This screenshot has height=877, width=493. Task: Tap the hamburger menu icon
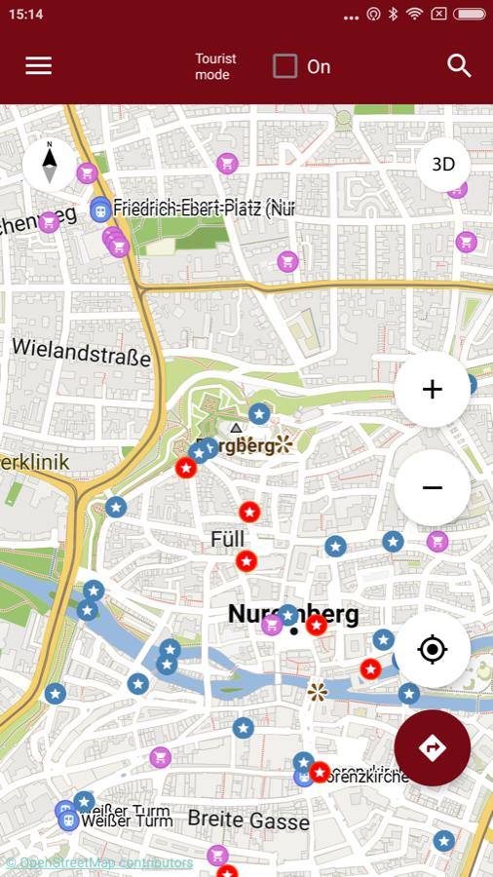click(39, 65)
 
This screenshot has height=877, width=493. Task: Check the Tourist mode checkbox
click(284, 66)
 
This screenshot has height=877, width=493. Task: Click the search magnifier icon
click(459, 65)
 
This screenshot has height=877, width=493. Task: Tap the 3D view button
click(443, 165)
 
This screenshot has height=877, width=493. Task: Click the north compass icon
click(49, 165)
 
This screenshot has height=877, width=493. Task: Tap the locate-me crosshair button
click(433, 649)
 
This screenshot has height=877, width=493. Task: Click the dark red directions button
click(433, 747)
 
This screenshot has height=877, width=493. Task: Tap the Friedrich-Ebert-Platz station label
click(203, 208)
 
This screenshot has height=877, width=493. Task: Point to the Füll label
click(227, 539)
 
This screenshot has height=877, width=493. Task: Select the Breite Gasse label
click(248, 820)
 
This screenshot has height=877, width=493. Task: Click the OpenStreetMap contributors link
click(99, 862)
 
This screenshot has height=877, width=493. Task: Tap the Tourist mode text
click(215, 66)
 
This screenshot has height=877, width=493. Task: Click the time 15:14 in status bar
click(26, 14)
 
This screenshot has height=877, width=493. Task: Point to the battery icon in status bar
click(469, 14)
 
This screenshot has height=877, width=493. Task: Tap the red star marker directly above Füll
click(249, 512)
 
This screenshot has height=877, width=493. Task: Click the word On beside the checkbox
click(319, 66)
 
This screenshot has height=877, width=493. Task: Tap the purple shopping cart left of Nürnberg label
click(272, 625)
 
